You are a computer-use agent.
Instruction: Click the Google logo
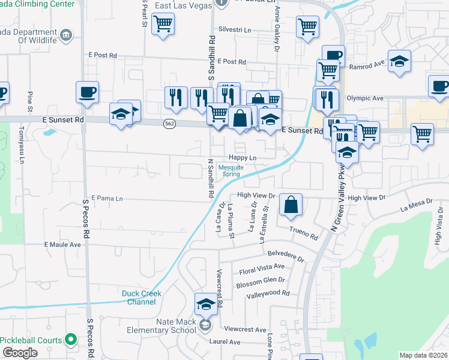tap(20, 353)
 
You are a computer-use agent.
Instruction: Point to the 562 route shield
tap(169, 122)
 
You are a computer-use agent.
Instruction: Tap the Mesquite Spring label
tap(232, 171)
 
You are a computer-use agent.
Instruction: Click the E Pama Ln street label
tap(107, 198)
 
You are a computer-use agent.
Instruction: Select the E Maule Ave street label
tap(62, 245)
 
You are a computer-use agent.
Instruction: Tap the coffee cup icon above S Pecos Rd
tap(87, 92)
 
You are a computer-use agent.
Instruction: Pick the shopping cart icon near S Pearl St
tap(163, 24)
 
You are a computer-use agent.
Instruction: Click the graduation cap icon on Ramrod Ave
tap(399, 61)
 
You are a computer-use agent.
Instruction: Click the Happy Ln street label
tap(243, 158)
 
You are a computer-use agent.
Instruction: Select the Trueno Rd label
tap(303, 233)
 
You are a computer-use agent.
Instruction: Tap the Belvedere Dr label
tap(286, 256)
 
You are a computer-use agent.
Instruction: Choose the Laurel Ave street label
tap(224, 342)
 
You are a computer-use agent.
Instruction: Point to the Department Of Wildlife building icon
tap(66, 34)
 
